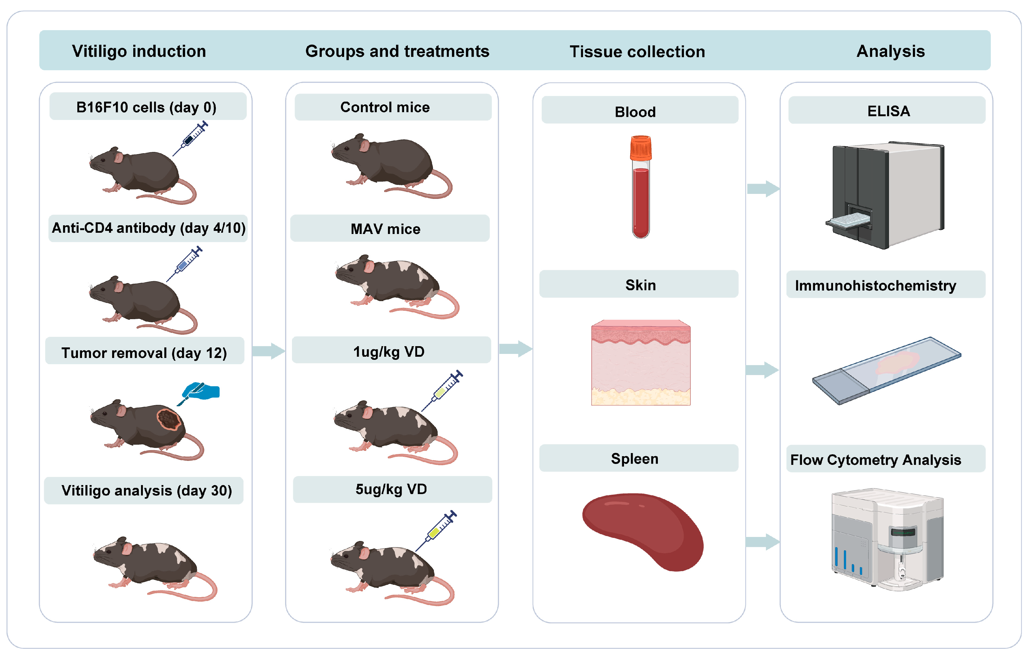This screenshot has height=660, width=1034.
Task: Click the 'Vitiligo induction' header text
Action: [139, 51]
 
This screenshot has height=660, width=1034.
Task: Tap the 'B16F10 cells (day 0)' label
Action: [146, 107]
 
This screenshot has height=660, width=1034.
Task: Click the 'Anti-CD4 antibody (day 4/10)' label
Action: [148, 228]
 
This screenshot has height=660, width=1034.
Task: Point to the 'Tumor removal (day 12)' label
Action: [144, 353]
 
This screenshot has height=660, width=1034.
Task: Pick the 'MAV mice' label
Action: [385, 229]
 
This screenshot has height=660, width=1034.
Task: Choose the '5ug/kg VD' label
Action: [391, 489]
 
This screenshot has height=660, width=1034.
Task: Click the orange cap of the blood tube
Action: [641, 147]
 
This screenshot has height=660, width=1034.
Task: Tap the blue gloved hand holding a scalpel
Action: [202, 391]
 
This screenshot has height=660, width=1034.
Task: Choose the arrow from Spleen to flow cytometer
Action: [762, 542]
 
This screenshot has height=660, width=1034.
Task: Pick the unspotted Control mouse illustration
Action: [389, 165]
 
